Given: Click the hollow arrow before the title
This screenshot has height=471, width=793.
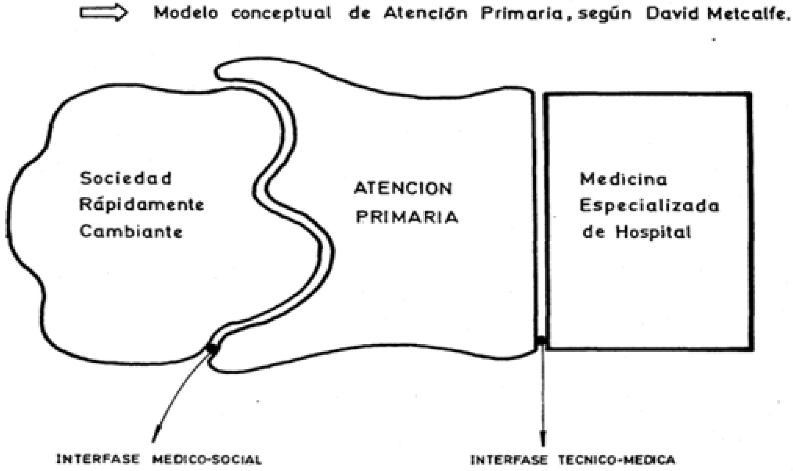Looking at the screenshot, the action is tap(103, 13).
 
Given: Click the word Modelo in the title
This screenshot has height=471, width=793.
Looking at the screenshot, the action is tap(186, 13).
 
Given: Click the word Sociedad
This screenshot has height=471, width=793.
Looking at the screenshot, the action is tap(126, 178).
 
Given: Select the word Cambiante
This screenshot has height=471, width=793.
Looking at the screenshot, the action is tap(131, 232).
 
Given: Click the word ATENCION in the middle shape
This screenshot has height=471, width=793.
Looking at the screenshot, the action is tap(403, 189).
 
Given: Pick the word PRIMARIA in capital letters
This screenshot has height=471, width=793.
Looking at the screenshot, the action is tap(407, 217).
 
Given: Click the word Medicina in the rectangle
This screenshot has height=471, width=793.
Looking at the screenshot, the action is tap(623, 179).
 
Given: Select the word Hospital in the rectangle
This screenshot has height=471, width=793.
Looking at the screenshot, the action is tap(653, 232).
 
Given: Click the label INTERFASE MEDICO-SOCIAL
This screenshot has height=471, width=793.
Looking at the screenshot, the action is tap(159, 459).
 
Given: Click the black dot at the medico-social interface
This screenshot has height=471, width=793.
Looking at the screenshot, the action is tap(213, 348).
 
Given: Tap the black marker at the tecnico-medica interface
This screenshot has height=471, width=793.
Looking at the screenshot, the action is tap(541, 341).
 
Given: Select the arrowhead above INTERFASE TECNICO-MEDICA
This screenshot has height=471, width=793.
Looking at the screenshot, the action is tap(543, 438).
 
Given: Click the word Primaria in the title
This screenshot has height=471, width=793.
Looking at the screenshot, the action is tap(521, 14).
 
